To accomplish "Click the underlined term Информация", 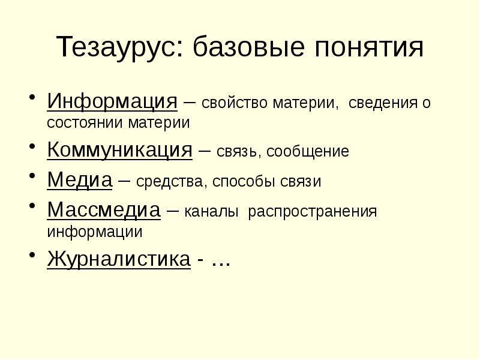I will pyautogui.click(x=112, y=100).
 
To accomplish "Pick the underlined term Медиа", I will pyautogui.click(x=80, y=179).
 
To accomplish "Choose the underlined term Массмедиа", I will pyautogui.click(x=104, y=210).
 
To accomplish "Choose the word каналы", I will pyautogui.click(x=212, y=212).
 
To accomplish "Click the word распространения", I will pyautogui.click(x=312, y=212).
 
